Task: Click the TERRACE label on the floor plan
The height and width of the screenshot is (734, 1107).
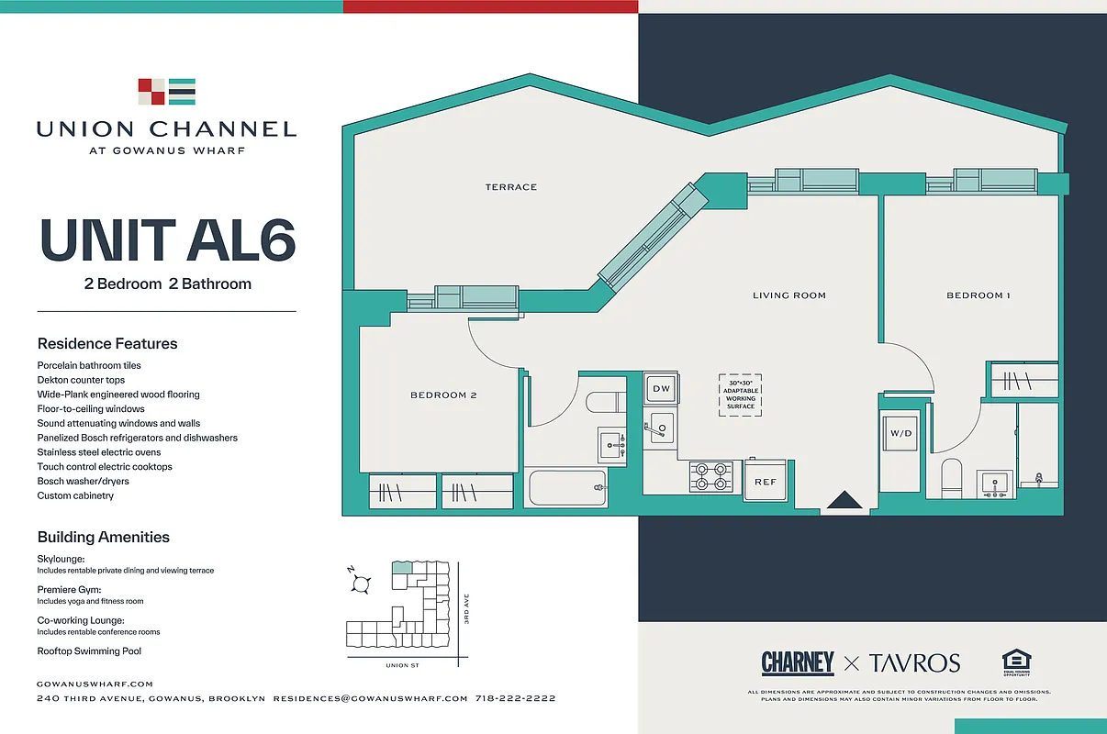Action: pos(511,187)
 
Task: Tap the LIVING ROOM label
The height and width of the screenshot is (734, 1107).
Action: pos(789,295)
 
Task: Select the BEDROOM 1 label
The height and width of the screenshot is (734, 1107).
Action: pos(978,295)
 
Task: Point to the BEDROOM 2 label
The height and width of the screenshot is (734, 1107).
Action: pos(443,395)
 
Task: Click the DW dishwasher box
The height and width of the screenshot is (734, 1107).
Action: pos(662,389)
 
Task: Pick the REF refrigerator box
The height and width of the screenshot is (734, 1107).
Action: pos(765,481)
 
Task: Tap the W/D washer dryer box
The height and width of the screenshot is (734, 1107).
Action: pos(900,433)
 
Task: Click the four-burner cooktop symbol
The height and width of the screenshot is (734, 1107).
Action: pos(711,475)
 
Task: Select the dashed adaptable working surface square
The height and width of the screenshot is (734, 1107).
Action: pos(740,395)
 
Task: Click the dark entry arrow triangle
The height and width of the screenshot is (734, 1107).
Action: pos(844,500)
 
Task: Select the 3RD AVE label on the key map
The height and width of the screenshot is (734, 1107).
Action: pos(466,611)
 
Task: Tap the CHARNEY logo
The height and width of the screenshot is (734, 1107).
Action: pos(797,662)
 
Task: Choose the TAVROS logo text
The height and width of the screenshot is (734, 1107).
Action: pos(914,662)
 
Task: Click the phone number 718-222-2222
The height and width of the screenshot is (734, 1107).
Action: pos(515,698)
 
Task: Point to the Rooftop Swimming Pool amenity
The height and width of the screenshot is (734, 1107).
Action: pos(89,651)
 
